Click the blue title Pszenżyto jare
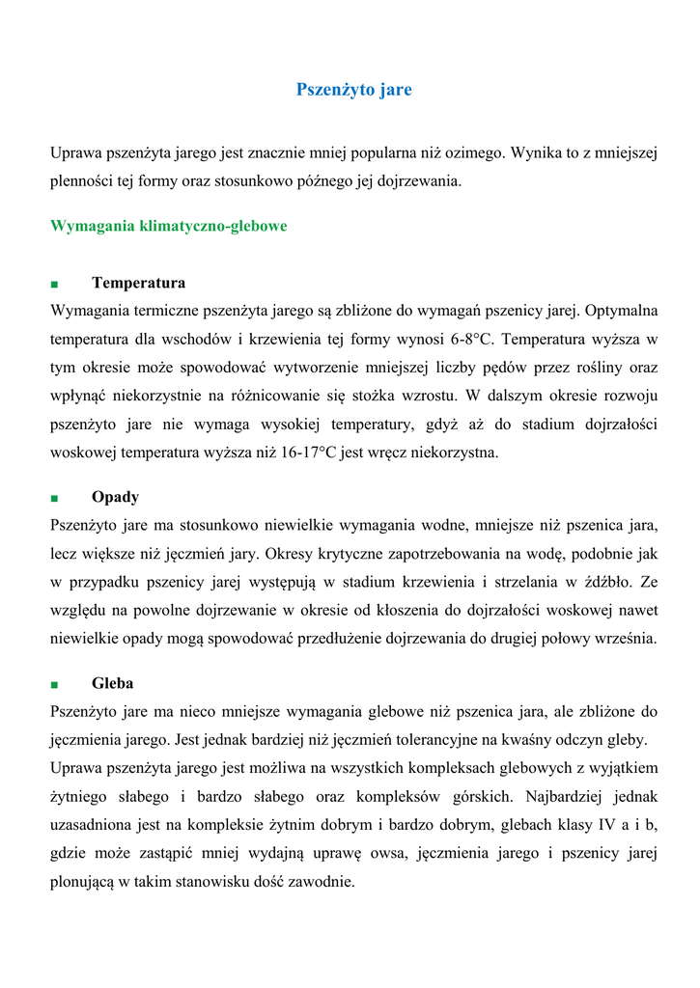353,90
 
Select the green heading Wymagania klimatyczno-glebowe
169,227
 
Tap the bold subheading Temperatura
138,283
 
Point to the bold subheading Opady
115,497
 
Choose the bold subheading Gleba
113,683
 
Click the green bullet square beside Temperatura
54,285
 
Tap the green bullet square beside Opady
54,499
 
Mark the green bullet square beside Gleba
54,685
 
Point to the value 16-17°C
304,452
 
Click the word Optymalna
622,311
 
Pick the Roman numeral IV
600,825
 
